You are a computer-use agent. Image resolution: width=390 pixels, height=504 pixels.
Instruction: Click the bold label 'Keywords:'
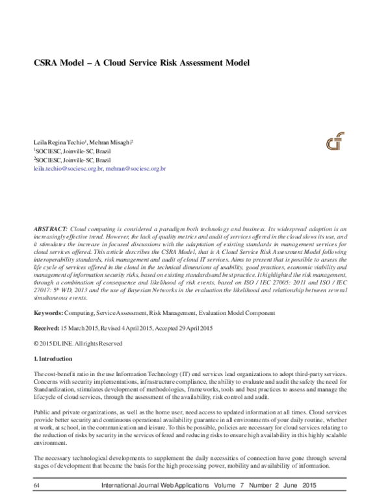47,314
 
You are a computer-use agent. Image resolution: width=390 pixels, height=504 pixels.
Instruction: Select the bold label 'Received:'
47,328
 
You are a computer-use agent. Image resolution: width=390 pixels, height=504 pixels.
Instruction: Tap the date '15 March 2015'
82,328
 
